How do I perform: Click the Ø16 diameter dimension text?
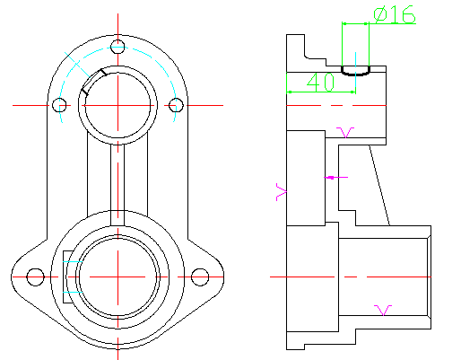pos(395,14)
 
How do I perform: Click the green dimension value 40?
pos(321,82)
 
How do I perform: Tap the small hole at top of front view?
pos(117,47)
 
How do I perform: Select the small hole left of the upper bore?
pos(59,105)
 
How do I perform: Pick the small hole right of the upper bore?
pos(176,105)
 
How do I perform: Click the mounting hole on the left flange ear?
pos(35,277)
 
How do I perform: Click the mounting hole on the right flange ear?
pos(200,277)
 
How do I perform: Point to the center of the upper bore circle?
pos(117,105)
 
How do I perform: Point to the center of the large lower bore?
pos(117,277)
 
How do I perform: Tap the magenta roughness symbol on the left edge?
pos(281,192)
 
